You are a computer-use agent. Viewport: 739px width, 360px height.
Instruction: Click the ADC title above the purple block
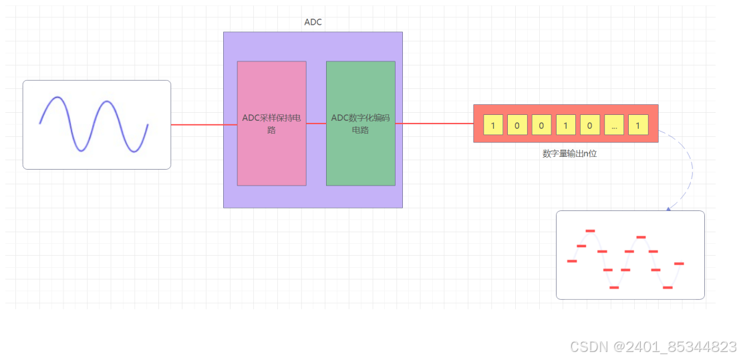tap(313, 22)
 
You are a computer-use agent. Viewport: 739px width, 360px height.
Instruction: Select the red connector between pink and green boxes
tap(316, 124)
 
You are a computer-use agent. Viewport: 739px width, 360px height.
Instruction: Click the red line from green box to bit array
tap(434, 124)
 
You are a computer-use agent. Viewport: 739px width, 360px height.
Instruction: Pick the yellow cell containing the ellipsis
tap(614, 125)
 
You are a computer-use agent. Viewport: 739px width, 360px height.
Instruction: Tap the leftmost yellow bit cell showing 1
tap(493, 125)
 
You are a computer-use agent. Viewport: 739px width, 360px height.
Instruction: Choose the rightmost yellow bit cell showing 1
tap(638, 125)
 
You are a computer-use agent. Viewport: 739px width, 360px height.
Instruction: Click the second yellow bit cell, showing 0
tap(517, 125)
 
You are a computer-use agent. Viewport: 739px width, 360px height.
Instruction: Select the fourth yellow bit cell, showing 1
tap(565, 125)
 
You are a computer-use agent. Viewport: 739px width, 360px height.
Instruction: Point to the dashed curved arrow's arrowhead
tap(668, 208)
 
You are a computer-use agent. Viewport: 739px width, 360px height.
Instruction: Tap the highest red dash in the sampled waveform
tap(590, 230)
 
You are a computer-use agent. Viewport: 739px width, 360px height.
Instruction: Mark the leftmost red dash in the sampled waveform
tap(572, 261)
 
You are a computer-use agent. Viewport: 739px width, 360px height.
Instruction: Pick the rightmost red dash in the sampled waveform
tap(679, 264)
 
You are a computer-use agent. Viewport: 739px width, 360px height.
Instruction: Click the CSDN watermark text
tap(653, 347)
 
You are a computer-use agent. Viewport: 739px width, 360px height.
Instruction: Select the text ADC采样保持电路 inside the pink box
tap(271, 124)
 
